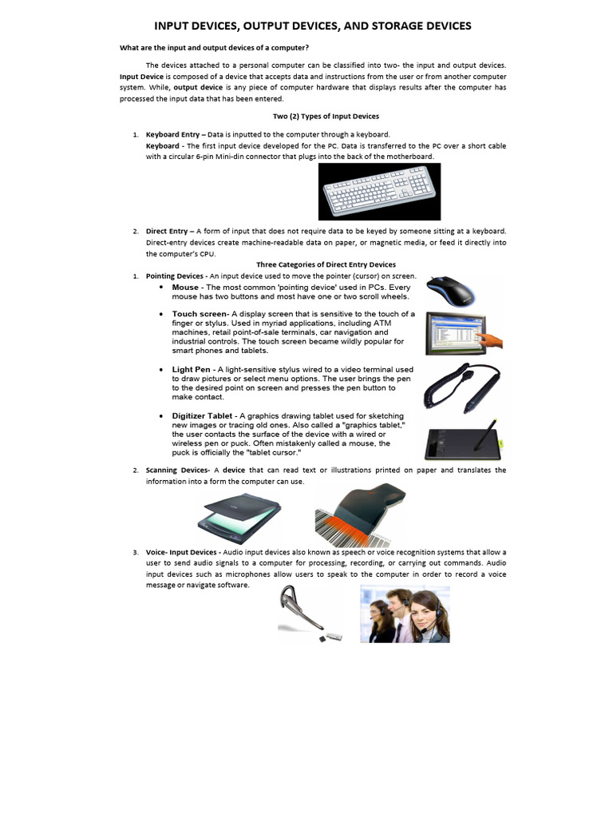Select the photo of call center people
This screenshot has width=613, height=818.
(x=405, y=614)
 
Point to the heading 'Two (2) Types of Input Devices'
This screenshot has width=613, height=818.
(x=326, y=117)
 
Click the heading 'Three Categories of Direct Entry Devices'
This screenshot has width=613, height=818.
(x=326, y=264)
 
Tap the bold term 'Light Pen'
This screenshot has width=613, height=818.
(x=192, y=370)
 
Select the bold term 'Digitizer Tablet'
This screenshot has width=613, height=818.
(x=203, y=416)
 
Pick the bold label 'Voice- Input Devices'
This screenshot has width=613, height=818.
(x=181, y=552)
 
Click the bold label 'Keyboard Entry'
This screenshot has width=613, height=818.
(x=174, y=134)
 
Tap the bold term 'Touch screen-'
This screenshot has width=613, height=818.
(x=200, y=314)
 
